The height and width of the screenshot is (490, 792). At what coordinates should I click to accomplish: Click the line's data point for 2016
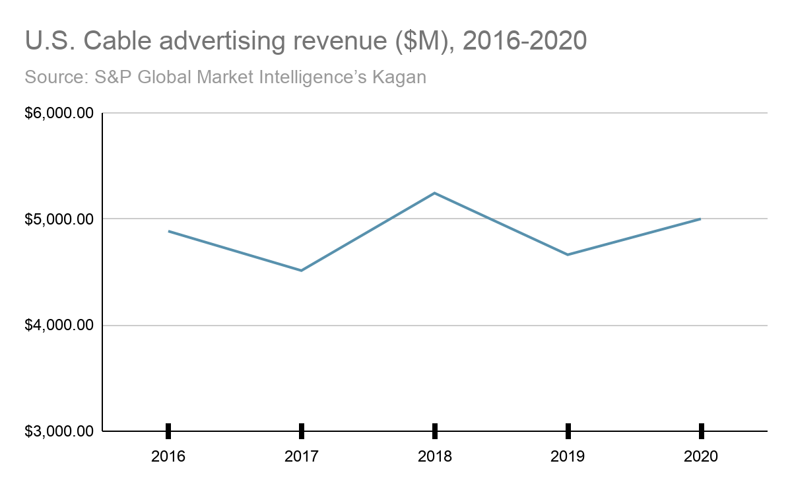[169, 231]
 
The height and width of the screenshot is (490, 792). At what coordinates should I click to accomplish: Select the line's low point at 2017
[302, 270]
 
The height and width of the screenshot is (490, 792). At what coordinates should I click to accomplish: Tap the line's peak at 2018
[435, 193]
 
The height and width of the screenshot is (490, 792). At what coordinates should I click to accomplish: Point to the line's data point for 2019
[568, 254]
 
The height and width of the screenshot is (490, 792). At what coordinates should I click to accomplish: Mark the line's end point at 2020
[700, 219]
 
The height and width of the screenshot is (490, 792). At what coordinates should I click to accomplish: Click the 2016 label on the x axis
[168, 456]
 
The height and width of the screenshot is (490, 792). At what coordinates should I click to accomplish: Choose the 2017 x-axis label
[302, 456]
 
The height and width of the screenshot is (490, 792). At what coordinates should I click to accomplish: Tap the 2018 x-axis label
[435, 456]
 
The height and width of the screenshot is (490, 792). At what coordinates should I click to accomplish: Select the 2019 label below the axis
[568, 456]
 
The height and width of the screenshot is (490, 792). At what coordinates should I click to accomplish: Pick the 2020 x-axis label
[701, 456]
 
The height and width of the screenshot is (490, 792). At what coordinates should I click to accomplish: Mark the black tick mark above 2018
[435, 431]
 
